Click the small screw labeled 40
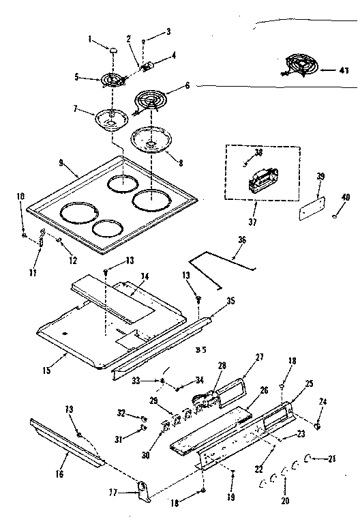point(335,217)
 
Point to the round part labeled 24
point(318,426)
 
